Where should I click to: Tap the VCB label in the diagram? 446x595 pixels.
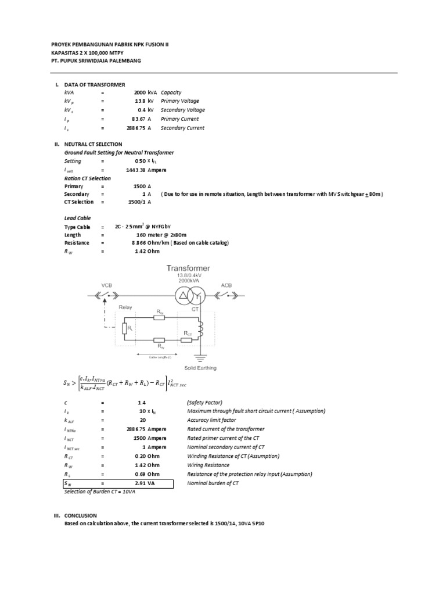[107, 285]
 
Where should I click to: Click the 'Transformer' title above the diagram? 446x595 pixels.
[189, 268]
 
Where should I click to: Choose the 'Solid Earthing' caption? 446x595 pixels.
[200, 368]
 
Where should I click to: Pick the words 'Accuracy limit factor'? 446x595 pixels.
[213, 420]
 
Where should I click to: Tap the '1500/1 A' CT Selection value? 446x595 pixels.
[139, 202]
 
